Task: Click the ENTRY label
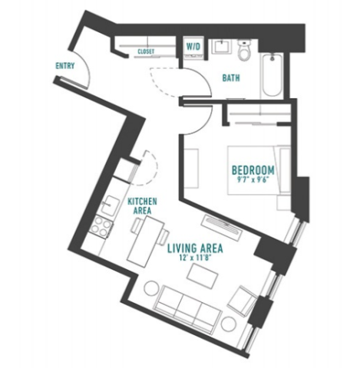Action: point(65,66)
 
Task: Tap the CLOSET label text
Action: point(146,51)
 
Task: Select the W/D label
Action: point(193,47)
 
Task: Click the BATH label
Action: point(231,77)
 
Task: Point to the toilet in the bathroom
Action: point(244,50)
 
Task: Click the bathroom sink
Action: point(221,46)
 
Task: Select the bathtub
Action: point(272,75)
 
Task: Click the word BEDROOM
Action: point(253,170)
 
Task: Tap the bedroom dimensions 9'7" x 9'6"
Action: point(254,179)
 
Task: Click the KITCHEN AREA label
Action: point(142,205)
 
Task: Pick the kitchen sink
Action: point(110,205)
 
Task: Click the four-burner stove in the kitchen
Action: point(101,226)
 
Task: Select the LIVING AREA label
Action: point(195,248)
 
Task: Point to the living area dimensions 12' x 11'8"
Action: point(197,258)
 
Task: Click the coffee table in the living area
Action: point(203,276)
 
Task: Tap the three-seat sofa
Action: point(188,309)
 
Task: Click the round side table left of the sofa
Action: point(152,288)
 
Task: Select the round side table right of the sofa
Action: point(229,324)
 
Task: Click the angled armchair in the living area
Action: point(243,301)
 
